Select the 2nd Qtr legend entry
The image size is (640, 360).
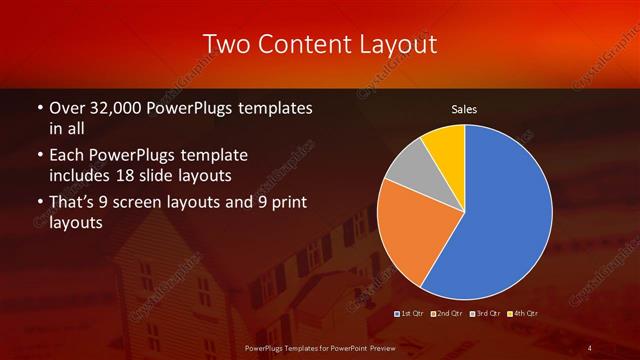(450, 314)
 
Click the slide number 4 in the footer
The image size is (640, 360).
(590, 347)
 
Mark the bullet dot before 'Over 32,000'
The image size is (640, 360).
(39, 108)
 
